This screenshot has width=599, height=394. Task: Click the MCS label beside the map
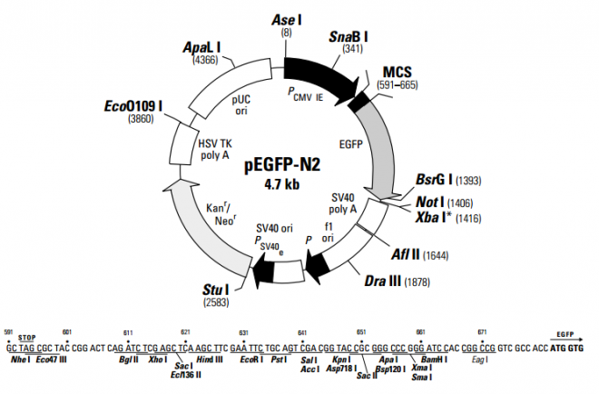pos(398,72)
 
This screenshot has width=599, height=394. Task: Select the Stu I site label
pos(220,291)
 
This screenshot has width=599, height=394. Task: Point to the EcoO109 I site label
pos(133,105)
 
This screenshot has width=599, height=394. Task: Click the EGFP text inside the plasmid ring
pos(350,143)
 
